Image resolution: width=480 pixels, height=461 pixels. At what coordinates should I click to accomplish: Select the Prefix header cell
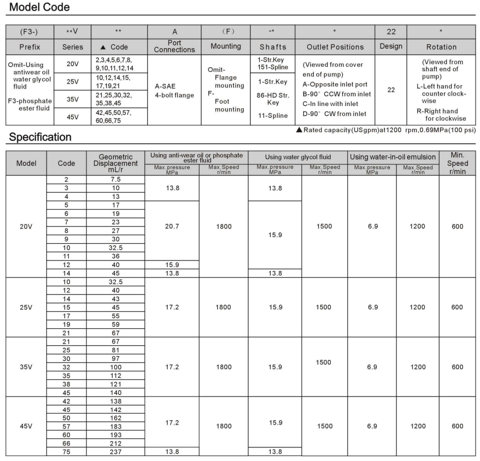[x=29, y=47]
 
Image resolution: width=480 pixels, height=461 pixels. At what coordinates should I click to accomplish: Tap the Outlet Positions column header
[x=335, y=47]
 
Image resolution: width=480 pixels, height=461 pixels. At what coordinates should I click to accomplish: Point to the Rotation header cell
[x=442, y=47]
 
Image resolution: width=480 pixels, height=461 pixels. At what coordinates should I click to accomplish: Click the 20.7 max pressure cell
[x=172, y=226]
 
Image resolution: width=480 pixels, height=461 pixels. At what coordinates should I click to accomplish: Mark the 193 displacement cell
[x=116, y=434]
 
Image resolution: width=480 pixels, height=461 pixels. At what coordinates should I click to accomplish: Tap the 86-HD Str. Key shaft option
[x=273, y=100]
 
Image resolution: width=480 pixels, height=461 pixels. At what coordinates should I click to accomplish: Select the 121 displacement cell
[x=116, y=384]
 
